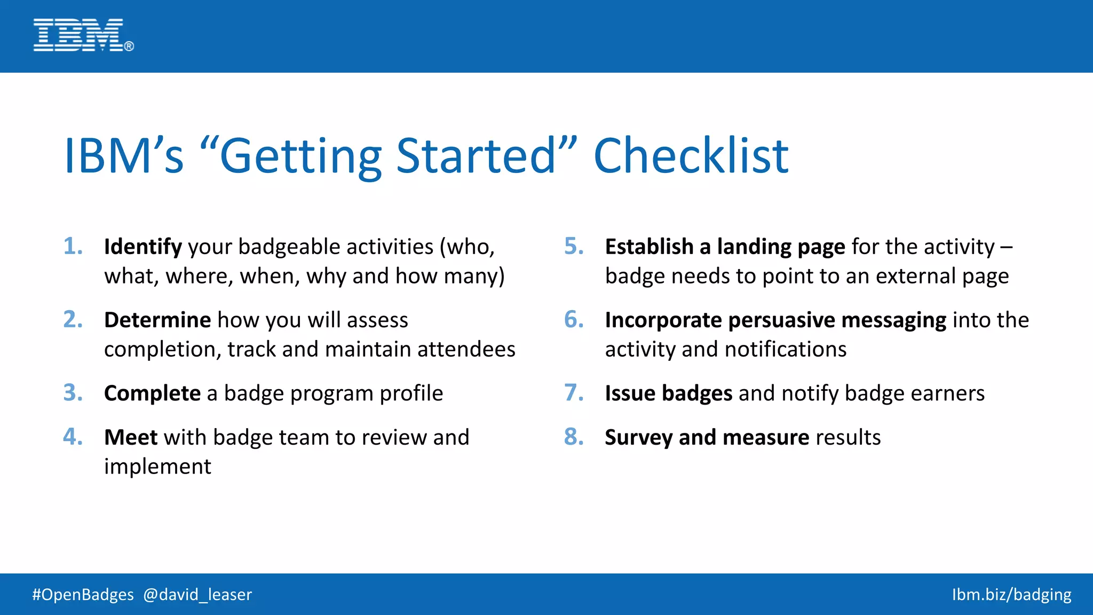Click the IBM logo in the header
[83, 35]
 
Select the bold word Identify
[143, 247]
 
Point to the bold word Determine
[157, 320]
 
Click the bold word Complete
[152, 393]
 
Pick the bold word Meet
[131, 437]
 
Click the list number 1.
[73, 247]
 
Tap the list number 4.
[73, 437]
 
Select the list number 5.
[574, 247]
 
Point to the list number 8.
[574, 437]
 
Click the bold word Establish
[649, 247]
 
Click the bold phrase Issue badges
[668, 393]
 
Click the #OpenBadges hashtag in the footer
[83, 595]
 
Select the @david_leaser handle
[197, 595]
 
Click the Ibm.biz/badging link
[1011, 595]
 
